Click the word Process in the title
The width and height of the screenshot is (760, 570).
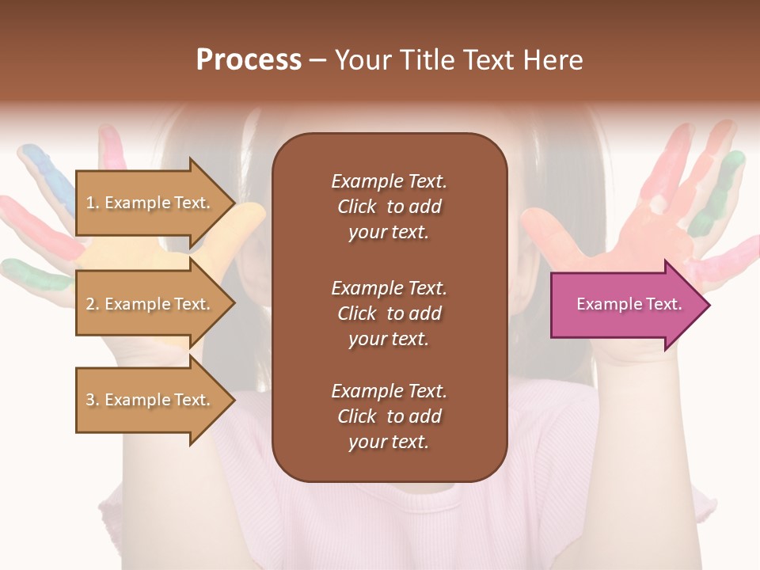(x=249, y=60)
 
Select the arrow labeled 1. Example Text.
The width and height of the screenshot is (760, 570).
(x=150, y=203)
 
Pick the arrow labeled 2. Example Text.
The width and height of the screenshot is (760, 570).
(x=150, y=304)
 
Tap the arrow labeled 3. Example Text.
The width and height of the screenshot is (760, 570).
(x=150, y=400)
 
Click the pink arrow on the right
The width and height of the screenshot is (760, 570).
(x=625, y=305)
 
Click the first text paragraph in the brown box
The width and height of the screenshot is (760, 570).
(x=389, y=207)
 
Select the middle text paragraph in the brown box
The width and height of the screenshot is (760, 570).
(x=389, y=313)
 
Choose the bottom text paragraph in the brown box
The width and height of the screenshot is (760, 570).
(x=389, y=416)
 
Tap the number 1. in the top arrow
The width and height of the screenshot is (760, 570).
(x=93, y=203)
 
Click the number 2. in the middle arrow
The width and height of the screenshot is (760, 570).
(x=93, y=304)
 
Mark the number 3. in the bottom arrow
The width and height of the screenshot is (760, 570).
(x=93, y=400)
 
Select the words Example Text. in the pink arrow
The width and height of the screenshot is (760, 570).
(x=629, y=304)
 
